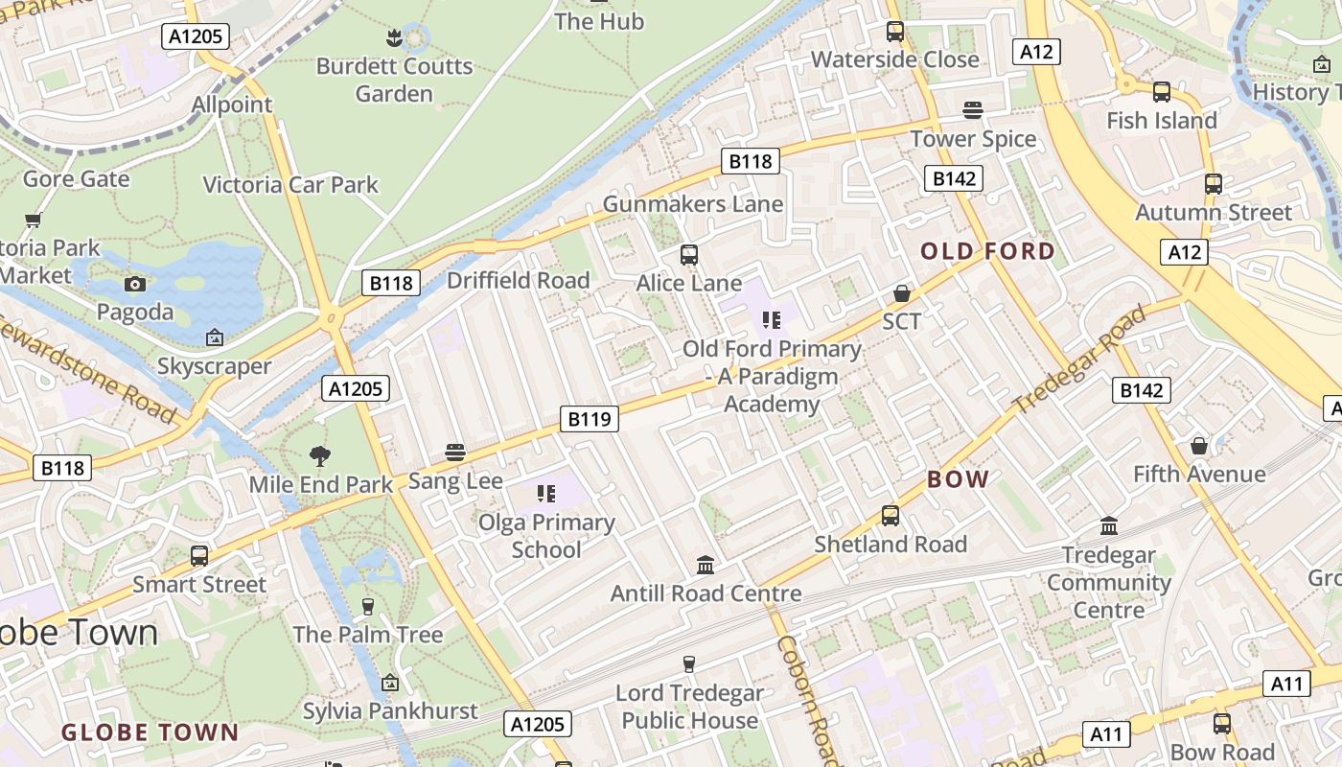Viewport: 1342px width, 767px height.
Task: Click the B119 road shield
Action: point(589,419)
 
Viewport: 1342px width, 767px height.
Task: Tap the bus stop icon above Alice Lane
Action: point(688,255)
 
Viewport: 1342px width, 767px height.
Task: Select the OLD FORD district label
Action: point(987,252)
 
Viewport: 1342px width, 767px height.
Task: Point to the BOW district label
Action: point(958,479)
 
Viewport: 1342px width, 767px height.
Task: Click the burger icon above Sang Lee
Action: point(455,453)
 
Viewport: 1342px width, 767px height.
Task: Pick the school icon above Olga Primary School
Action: point(545,494)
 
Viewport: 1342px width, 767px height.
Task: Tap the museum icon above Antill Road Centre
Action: point(706,565)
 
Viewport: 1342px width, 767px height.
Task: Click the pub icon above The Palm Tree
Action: point(367,606)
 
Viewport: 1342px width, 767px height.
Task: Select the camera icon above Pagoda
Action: point(135,284)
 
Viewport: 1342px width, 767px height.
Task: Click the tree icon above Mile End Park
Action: point(320,456)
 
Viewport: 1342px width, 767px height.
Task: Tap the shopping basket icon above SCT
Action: point(901,293)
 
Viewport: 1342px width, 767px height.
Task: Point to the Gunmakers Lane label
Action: point(692,204)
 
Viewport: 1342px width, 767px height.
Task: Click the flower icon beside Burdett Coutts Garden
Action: point(394,38)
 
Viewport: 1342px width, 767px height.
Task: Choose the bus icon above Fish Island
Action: point(1161,92)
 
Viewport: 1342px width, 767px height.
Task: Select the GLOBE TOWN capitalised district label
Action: point(150,733)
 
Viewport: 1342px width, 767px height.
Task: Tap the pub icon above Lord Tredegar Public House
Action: point(688,663)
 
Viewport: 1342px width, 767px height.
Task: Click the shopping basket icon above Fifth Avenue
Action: point(1198,446)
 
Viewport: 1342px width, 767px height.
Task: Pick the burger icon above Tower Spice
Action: point(973,110)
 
